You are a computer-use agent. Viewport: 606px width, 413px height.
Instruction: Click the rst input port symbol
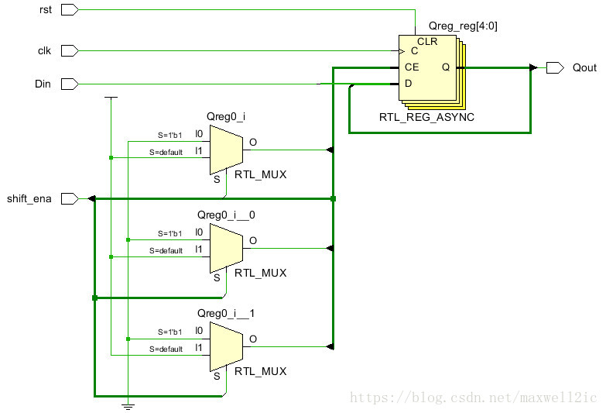(x=69, y=10)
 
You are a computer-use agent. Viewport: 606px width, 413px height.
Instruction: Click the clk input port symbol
(x=69, y=50)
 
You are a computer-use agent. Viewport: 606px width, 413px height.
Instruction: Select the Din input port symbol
(x=69, y=84)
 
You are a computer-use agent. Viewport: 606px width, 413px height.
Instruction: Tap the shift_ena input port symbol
(x=69, y=199)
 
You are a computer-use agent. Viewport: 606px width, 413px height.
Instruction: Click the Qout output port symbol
(x=555, y=67)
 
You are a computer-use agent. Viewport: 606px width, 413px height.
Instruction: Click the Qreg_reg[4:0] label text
(x=463, y=26)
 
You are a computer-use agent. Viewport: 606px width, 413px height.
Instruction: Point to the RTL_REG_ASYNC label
(x=426, y=117)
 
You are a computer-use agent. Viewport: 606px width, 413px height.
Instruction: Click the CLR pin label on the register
(x=427, y=41)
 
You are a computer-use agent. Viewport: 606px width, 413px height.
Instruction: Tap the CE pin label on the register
(x=412, y=67)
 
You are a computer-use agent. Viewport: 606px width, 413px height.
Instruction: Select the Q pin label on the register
(x=446, y=67)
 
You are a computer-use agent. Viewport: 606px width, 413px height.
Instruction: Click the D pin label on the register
(x=409, y=83)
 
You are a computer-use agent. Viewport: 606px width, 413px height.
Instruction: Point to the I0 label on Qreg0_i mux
(x=199, y=133)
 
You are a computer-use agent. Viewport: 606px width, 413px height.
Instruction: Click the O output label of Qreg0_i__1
(x=253, y=339)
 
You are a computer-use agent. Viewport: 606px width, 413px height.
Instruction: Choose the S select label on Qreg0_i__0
(x=217, y=277)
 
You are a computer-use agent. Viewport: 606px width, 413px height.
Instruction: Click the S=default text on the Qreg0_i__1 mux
(x=166, y=349)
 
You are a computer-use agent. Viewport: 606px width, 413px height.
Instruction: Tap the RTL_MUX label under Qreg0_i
(x=261, y=174)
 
